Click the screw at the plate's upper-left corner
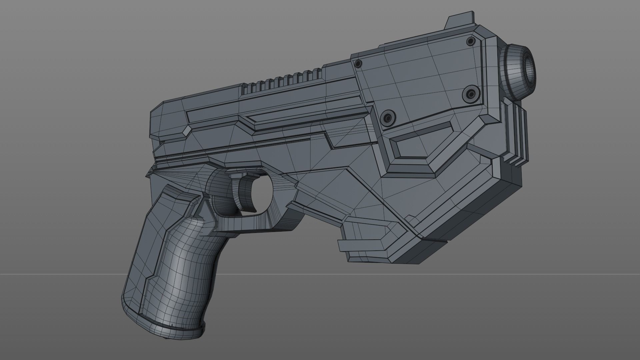[358, 63]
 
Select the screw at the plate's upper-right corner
[470, 41]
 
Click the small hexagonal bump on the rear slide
[187, 131]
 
